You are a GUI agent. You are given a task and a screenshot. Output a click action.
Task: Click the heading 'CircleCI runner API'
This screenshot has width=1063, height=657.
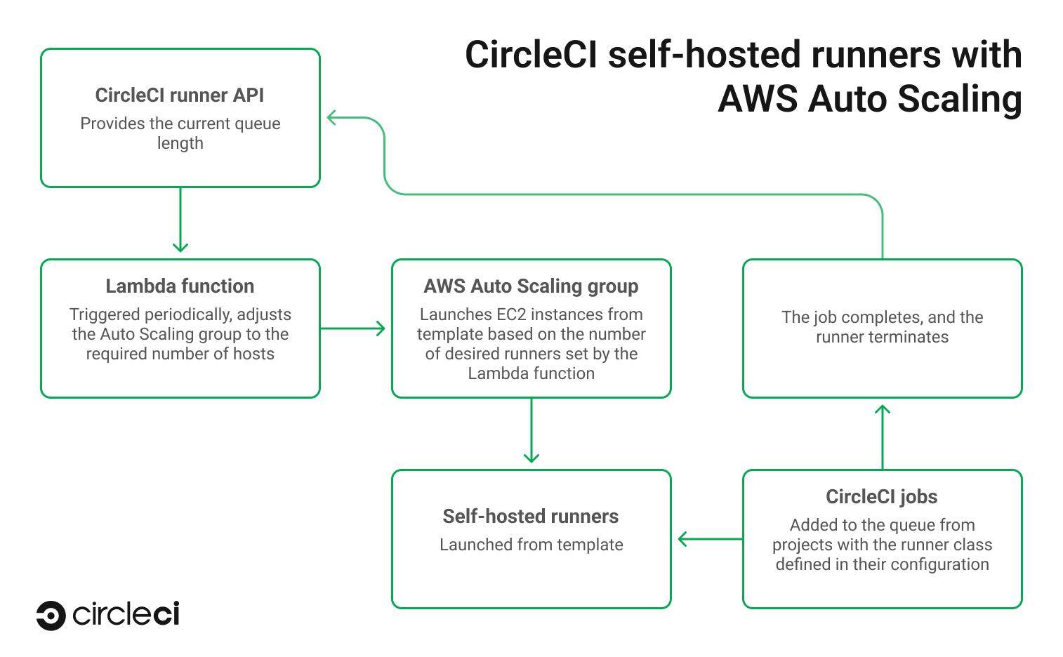180,95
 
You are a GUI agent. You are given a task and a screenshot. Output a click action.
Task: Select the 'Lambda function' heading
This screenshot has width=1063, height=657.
180,286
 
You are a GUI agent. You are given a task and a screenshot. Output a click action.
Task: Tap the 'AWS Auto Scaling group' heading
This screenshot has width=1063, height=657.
531,286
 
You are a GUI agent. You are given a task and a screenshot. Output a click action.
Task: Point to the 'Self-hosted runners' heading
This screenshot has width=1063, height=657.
531,516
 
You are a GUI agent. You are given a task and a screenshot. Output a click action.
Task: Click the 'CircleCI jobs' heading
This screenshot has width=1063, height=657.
882,496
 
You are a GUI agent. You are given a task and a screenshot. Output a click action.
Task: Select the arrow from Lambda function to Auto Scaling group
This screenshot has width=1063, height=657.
353,328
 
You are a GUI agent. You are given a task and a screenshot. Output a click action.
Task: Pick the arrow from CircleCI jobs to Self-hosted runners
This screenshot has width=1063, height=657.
709,539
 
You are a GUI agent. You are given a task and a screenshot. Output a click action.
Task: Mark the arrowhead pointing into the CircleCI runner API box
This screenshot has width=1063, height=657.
333,118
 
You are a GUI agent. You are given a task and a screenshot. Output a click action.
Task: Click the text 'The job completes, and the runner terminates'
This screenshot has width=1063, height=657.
882,327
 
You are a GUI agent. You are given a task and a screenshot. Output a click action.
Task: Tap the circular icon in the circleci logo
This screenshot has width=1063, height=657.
51,616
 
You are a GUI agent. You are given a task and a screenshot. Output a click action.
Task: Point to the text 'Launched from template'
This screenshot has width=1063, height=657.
531,545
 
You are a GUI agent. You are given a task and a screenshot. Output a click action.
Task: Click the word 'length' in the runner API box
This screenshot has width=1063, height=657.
180,143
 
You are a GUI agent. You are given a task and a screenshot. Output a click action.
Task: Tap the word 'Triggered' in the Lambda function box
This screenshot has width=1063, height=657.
105,314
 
